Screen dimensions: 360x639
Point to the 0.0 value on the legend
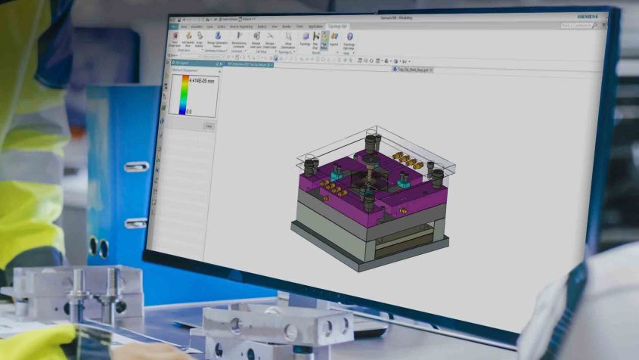[x=189, y=111]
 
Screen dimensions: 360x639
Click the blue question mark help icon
[x=349, y=36]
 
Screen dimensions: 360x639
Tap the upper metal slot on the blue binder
[x=136, y=167]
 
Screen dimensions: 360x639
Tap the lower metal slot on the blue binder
[x=135, y=223]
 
